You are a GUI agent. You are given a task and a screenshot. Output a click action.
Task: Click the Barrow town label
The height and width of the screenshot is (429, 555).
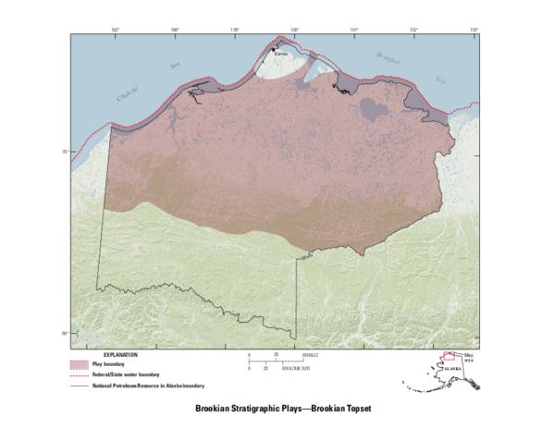coord(282,54)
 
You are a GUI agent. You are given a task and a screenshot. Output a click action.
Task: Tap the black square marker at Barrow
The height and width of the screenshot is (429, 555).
coord(275,49)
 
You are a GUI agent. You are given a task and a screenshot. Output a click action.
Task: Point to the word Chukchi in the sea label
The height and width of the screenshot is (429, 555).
coord(126,93)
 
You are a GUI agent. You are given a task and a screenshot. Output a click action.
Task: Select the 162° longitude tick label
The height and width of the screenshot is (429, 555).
coord(115,30)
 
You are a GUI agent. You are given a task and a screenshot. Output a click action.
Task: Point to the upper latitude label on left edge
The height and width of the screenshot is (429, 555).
coord(65,152)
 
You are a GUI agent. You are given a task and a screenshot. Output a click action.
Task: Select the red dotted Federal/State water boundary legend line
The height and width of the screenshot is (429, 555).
coord(80,375)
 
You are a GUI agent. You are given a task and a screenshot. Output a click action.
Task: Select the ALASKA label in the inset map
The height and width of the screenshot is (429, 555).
coord(453,368)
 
